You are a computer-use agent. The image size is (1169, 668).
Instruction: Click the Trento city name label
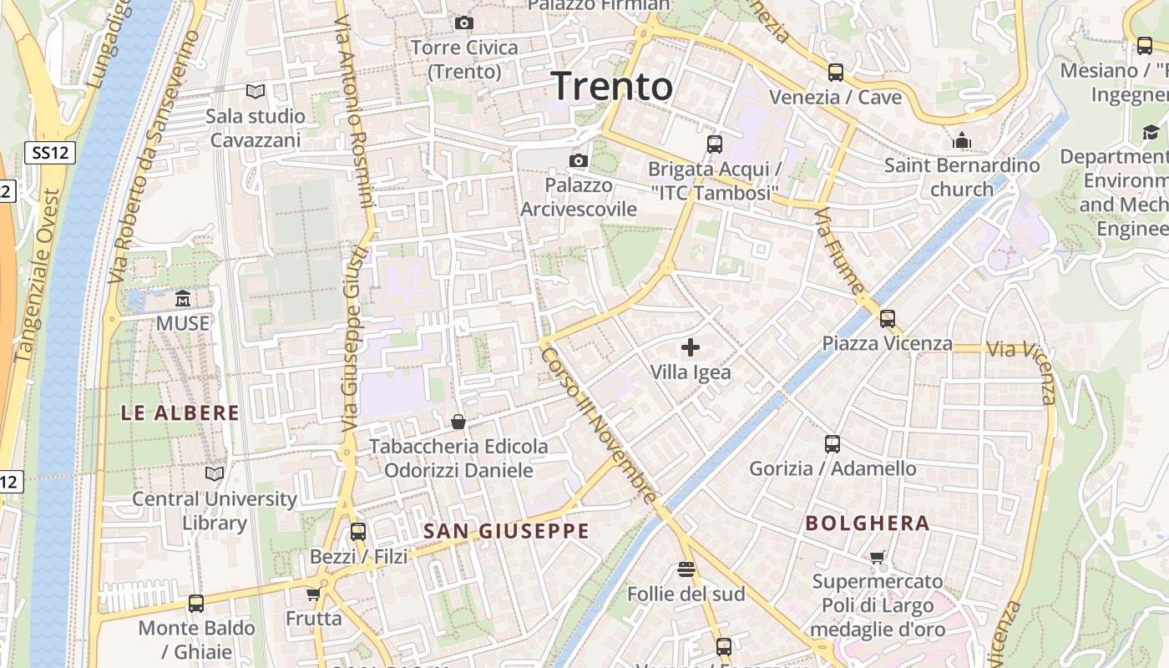(612, 86)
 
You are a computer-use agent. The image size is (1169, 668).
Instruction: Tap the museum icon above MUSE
(183, 298)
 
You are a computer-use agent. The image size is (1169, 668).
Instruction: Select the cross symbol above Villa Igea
(691, 347)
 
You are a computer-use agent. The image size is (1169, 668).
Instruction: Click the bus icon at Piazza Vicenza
(887, 318)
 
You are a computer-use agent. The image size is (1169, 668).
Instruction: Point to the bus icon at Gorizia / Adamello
(832, 443)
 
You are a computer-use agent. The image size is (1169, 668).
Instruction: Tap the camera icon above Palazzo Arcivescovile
(578, 159)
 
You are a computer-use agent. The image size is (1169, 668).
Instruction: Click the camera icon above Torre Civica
(464, 23)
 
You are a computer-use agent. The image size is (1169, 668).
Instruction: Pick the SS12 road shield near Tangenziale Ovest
(50, 153)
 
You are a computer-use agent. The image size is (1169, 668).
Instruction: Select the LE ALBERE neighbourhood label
(180, 412)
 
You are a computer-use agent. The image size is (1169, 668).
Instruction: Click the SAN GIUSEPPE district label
(506, 531)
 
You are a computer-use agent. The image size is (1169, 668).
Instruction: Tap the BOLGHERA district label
(868, 524)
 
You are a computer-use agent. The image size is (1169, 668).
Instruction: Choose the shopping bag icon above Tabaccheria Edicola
(458, 422)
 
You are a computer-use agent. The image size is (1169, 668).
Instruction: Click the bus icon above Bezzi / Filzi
(358, 531)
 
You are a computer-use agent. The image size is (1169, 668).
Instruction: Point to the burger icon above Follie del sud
(686, 569)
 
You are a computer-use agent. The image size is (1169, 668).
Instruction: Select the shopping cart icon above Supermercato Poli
(877, 557)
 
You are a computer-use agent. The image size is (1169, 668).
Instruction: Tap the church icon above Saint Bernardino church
(962, 140)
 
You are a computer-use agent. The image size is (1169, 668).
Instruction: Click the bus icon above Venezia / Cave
(835, 73)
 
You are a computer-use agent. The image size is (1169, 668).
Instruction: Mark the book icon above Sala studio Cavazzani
(256, 91)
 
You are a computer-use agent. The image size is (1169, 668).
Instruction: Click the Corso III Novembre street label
(599, 425)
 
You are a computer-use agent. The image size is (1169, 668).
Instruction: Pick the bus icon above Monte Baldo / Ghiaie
(196, 603)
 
